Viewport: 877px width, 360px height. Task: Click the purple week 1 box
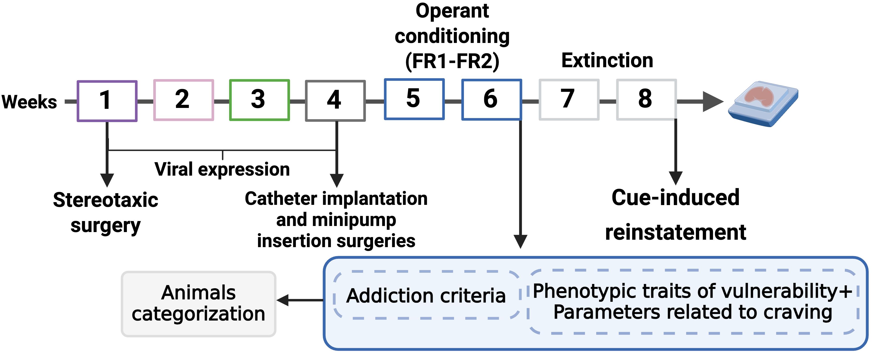(107, 101)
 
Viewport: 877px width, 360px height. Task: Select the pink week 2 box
(184, 100)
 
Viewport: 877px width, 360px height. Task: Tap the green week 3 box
(259, 100)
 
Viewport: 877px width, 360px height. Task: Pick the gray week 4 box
(335, 101)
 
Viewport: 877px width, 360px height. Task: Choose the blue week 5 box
(414, 99)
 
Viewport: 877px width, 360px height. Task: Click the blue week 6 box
(492, 100)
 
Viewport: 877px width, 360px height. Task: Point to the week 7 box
(569, 100)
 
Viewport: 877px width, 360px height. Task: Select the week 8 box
(646, 100)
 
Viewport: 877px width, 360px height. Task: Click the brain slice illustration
(763, 103)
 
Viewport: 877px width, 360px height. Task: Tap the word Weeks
(29, 102)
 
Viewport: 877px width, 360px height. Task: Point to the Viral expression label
(222, 169)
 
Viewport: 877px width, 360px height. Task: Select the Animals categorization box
(198, 304)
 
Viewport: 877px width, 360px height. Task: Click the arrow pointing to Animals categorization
(300, 300)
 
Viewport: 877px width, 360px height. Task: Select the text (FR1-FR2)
(452, 61)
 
